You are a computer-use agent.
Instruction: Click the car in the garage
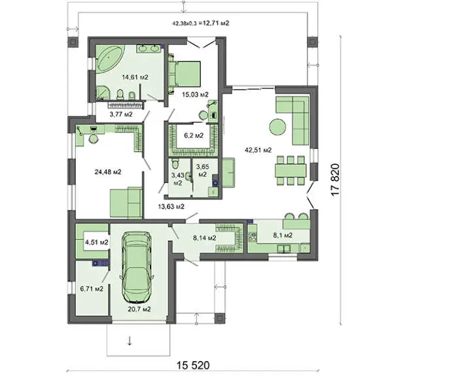[x=137, y=267]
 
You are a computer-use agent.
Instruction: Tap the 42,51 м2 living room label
[x=258, y=150]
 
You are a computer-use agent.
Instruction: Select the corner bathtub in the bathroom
[x=109, y=58]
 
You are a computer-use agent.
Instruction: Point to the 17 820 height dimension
[x=335, y=180]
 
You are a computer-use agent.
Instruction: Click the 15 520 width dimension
[x=193, y=365]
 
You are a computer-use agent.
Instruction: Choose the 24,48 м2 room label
[x=108, y=172]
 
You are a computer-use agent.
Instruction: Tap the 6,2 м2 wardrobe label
[x=194, y=135]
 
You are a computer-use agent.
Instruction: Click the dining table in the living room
[x=291, y=171]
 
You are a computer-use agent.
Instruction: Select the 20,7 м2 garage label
[x=139, y=309]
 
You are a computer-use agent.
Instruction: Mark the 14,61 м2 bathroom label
[x=135, y=77]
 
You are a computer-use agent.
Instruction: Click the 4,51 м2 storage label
[x=97, y=243]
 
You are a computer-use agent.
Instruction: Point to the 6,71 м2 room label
[x=92, y=289]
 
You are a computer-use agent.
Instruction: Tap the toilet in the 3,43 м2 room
[x=175, y=164]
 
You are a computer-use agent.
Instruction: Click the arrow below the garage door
[x=130, y=341]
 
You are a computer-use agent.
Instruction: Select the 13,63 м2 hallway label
[x=171, y=207]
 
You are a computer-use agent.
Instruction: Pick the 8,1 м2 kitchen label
[x=283, y=235]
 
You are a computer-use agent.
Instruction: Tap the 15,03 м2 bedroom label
[x=195, y=95]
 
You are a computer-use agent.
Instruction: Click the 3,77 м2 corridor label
[x=121, y=114]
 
